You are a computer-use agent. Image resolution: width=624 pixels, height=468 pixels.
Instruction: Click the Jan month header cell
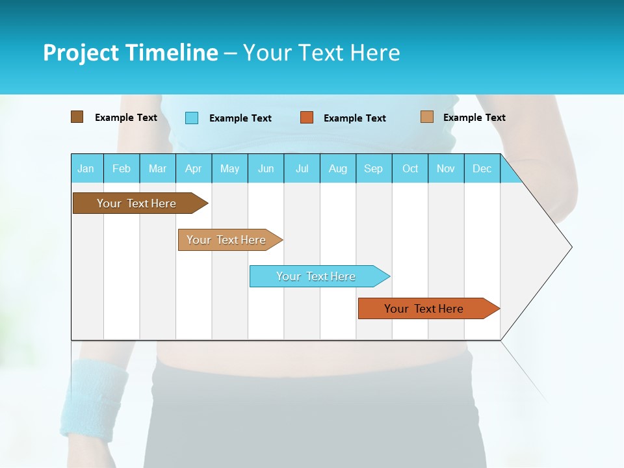pos(86,168)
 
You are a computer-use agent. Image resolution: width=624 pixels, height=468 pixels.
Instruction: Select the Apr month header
pos(194,168)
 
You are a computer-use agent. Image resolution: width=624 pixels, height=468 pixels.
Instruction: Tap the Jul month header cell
pos(302,168)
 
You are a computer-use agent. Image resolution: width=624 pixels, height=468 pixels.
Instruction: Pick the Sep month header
pos(374,168)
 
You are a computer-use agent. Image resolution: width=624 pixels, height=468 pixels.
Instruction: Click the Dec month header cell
pos(482,168)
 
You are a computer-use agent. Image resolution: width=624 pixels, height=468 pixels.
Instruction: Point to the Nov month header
pos(446,168)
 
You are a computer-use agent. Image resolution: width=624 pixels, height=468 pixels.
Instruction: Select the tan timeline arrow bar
pos(227,240)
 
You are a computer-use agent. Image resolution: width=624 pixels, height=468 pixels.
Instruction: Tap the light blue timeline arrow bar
pos(317,276)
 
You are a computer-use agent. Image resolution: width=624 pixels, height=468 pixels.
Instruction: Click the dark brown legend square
pos(77,117)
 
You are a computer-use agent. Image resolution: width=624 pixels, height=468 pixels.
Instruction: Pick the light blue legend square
pos(192,118)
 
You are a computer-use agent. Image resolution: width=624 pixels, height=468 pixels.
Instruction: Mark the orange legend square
pos(307,118)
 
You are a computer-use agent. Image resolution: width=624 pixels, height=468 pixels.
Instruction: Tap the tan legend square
pos(426,117)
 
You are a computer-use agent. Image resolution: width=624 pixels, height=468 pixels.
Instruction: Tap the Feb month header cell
pos(122,168)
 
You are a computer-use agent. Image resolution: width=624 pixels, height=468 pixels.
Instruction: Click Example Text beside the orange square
pos(354,118)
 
